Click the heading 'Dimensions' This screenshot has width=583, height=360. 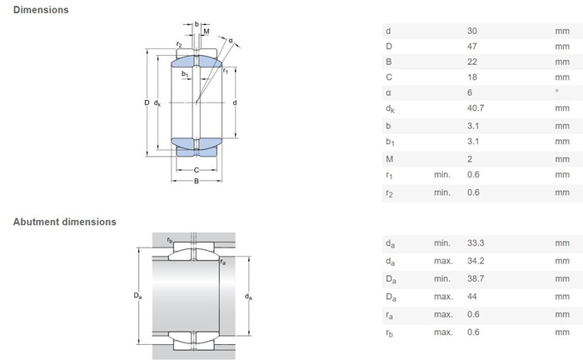pyautogui.click(x=41, y=10)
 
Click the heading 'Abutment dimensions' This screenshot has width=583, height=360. pyautogui.click(x=65, y=222)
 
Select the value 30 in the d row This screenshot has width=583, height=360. pyautogui.click(x=472, y=31)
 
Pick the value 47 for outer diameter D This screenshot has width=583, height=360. pyautogui.click(x=472, y=47)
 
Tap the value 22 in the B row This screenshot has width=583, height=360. pyautogui.click(x=472, y=62)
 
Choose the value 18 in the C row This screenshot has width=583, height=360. pyautogui.click(x=472, y=77)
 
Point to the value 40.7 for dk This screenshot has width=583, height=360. pyautogui.click(x=476, y=108)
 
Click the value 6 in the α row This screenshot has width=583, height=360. pyautogui.click(x=470, y=92)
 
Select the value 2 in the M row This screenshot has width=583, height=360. pyautogui.click(x=470, y=159)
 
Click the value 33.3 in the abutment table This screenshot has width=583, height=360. pyautogui.click(x=476, y=243)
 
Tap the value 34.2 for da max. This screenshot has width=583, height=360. pyautogui.click(x=476, y=261)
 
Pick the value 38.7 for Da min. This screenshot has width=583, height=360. pyautogui.click(x=476, y=279)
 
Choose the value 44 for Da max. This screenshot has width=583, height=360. pyautogui.click(x=472, y=297)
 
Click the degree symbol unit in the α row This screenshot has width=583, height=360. pyautogui.click(x=557, y=91)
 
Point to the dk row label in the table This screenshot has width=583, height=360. pyautogui.click(x=390, y=109)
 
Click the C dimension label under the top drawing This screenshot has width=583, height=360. pyautogui.click(x=197, y=170)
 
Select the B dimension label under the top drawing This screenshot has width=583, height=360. pyautogui.click(x=197, y=181)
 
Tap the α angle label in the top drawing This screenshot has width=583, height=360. pyautogui.click(x=231, y=41)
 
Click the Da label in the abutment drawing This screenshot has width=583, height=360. pyautogui.click(x=137, y=296)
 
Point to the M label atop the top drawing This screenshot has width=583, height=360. pyautogui.click(x=207, y=32)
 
